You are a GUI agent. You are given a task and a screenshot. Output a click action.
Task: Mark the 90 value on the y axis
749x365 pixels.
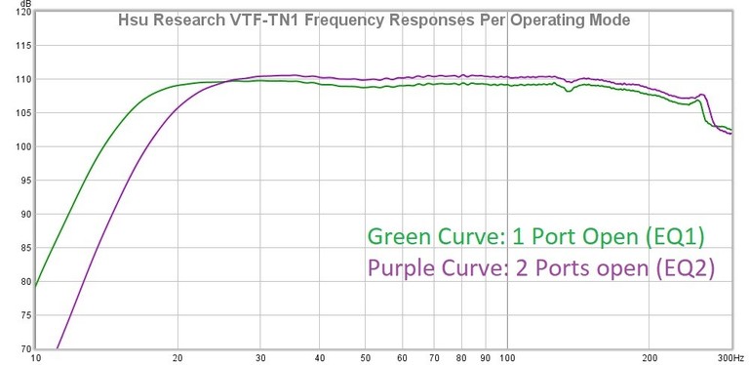tap(21, 214)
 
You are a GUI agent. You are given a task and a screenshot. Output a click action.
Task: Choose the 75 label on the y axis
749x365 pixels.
tap(21, 315)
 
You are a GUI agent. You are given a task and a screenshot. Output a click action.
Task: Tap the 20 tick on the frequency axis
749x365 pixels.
tap(177, 357)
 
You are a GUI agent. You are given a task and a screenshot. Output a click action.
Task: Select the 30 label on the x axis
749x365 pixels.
tap(260, 357)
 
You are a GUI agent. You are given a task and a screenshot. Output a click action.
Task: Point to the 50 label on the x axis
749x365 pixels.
tap(365, 357)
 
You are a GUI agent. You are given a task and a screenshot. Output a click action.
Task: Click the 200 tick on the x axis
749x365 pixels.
tap(649, 357)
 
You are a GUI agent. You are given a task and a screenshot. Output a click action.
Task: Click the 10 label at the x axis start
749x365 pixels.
tap(37, 357)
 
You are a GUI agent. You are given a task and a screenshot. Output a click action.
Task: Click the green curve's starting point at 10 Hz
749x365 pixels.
tap(36, 286)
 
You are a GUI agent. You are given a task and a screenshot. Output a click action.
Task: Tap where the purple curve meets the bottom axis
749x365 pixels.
tap(58, 348)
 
